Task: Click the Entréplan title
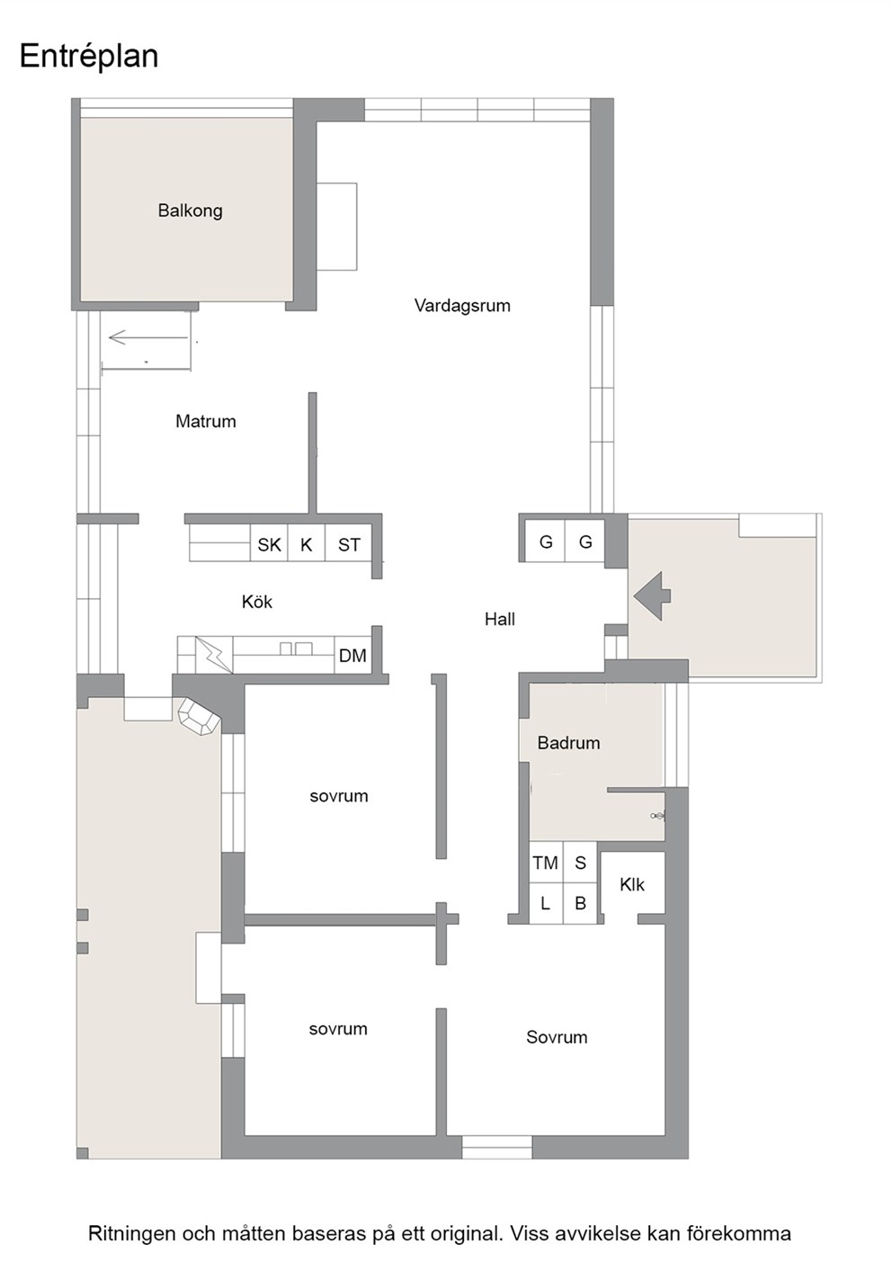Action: (89, 57)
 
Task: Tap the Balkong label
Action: (191, 210)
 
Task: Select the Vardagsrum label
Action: (462, 305)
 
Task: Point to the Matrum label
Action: (206, 421)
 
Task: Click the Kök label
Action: (257, 602)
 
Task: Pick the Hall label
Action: (499, 619)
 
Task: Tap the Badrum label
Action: (568, 743)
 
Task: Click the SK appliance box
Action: (269, 543)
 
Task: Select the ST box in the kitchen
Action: (349, 543)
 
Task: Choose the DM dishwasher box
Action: (352, 655)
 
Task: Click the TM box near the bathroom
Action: (546, 863)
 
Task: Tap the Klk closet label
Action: (632, 884)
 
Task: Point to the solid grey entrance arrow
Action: (652, 596)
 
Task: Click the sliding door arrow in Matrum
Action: (148, 338)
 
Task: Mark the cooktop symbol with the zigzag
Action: (214, 655)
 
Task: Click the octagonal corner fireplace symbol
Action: (199, 717)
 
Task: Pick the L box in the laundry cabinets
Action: (545, 903)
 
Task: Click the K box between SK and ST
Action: (307, 543)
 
